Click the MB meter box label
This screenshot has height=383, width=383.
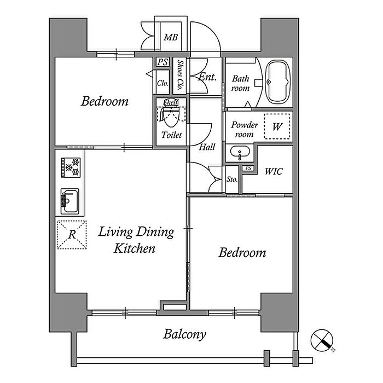(171, 37)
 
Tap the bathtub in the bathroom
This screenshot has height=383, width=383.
(278, 82)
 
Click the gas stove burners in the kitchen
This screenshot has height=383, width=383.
(71, 167)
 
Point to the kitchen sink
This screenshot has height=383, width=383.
(70, 201)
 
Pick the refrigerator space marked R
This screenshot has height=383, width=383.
(72, 235)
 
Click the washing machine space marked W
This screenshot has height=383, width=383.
(277, 126)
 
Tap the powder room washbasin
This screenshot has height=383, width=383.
(240, 153)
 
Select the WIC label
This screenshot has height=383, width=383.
(274, 171)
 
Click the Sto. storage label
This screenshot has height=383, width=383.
(232, 179)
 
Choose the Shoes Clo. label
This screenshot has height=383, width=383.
(180, 76)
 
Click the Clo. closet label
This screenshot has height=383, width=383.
(163, 83)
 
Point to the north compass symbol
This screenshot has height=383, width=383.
(322, 340)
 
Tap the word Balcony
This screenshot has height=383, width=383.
(184, 335)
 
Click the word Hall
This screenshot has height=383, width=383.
(207, 147)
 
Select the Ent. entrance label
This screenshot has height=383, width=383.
(207, 77)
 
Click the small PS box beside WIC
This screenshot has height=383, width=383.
(248, 169)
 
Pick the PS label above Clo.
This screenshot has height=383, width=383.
(163, 62)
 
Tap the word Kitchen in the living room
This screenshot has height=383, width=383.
(135, 248)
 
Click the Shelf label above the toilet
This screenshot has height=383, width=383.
(171, 103)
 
